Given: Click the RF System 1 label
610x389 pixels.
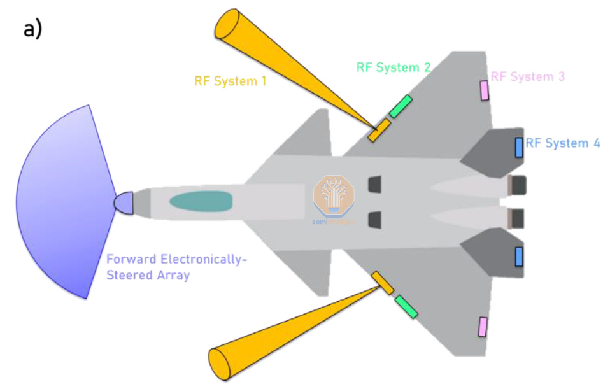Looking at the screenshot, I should [230, 81].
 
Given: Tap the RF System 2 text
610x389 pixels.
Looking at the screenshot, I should [394, 67].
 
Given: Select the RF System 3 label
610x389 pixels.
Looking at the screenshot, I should [527, 76].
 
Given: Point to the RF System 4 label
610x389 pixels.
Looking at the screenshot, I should [563, 143].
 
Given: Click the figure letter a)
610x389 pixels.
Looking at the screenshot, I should [33, 29].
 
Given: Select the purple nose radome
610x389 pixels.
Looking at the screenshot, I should [124, 202].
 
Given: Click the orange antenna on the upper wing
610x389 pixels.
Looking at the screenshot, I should [379, 130].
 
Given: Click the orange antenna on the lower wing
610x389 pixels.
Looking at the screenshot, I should [383, 283].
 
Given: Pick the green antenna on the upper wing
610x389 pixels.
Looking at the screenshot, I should [401, 106].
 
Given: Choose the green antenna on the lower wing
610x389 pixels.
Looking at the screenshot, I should [406, 306].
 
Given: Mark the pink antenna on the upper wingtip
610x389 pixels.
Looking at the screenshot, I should [485, 90].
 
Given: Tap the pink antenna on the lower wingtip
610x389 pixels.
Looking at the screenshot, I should [483, 327].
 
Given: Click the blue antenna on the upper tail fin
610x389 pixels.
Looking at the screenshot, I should [519, 147].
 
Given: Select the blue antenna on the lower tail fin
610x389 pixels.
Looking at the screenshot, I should [519, 257].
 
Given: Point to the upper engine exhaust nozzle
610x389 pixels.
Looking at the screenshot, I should [518, 185].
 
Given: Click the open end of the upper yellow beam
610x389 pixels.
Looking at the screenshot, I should [226, 27].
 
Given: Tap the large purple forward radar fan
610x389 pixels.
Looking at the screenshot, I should [64, 202].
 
